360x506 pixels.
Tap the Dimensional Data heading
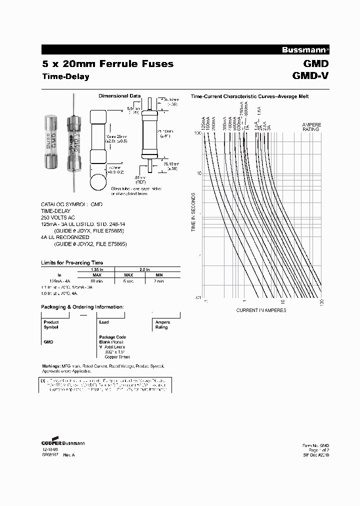(x=119, y=96)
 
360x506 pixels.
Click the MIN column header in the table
(x=158, y=275)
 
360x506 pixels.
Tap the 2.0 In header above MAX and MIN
(x=144, y=268)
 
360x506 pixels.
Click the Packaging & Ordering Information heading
(x=81, y=306)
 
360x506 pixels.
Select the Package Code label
(x=112, y=337)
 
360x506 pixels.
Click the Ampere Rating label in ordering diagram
(x=162, y=325)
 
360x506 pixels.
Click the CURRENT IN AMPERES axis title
(x=261, y=310)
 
